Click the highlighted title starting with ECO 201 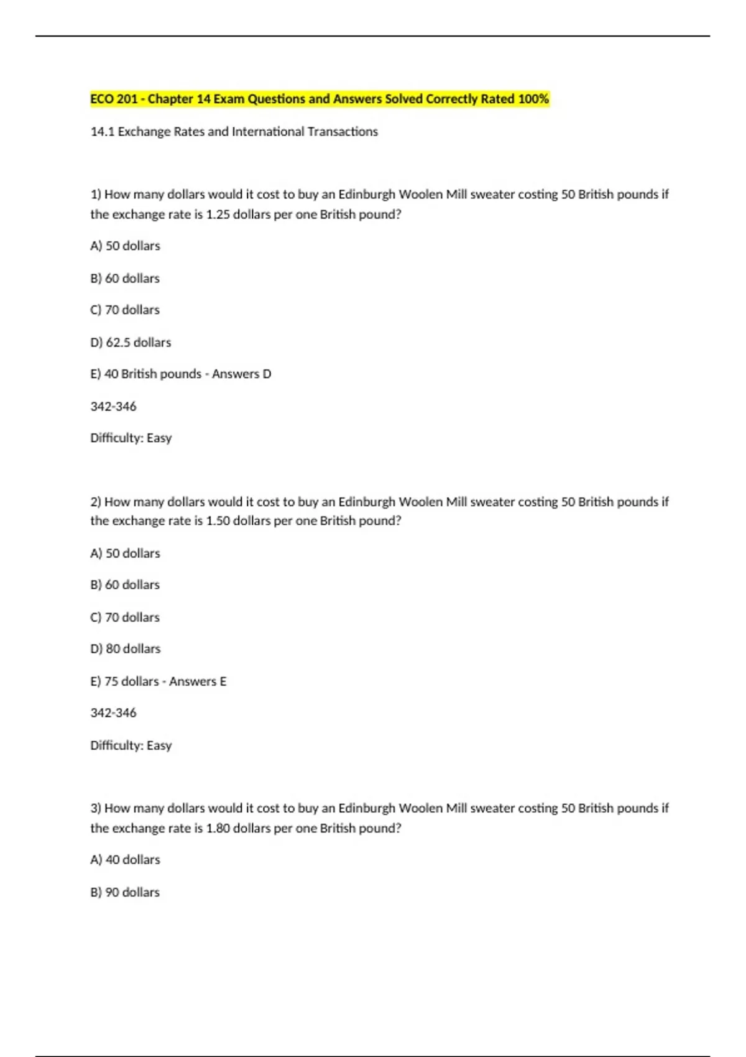point(319,99)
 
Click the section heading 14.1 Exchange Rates point(234,132)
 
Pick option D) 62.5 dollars point(131,343)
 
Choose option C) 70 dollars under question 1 point(125,310)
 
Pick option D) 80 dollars point(125,649)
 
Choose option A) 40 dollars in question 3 point(125,860)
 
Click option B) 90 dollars point(125,892)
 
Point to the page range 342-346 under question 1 point(113,407)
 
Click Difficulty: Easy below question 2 point(131,745)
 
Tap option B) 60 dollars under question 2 point(125,585)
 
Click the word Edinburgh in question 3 point(366,808)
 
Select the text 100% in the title point(533,99)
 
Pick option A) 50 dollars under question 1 point(125,246)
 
